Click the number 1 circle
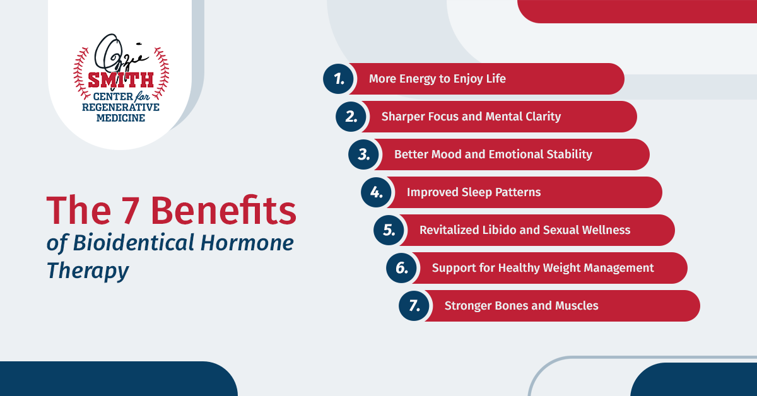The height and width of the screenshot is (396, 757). [338, 79]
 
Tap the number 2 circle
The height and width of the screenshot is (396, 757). [351, 117]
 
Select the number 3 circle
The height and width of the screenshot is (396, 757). [363, 154]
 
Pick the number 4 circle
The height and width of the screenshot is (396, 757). [376, 192]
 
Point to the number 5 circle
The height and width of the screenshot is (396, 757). [389, 230]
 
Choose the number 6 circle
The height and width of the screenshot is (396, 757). [401, 268]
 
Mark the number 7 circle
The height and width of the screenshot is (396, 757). [414, 306]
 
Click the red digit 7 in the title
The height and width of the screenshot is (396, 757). [131, 210]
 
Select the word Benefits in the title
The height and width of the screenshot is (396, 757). [224, 209]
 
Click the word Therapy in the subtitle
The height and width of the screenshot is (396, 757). [88, 271]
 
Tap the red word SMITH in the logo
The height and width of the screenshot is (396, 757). [120, 80]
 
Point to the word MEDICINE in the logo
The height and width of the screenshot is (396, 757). [120, 118]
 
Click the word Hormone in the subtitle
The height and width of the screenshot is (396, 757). [247, 243]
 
